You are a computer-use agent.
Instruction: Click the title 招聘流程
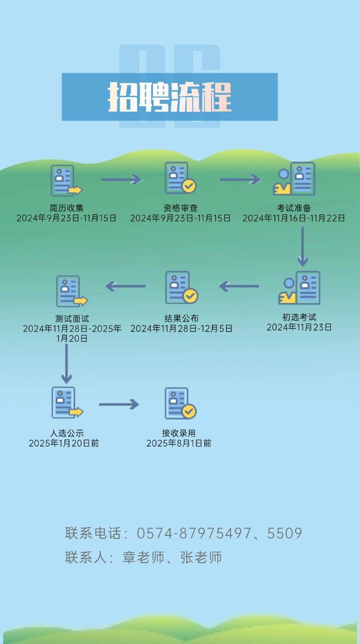[170, 97]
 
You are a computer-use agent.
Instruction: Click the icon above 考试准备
[294, 179]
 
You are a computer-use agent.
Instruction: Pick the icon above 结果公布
[181, 287]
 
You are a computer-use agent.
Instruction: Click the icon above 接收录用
[180, 403]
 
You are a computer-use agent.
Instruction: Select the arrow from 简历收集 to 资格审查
[121, 180]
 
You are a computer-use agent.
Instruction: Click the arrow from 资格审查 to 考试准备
[240, 180]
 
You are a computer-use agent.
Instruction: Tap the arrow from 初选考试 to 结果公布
[239, 286]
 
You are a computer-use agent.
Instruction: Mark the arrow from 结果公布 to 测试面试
[125, 286]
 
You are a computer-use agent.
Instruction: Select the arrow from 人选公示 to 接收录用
[119, 404]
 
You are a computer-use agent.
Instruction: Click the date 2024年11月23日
[299, 327]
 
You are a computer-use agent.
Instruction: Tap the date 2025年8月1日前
[179, 443]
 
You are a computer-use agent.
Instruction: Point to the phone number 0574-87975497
[193, 533]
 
